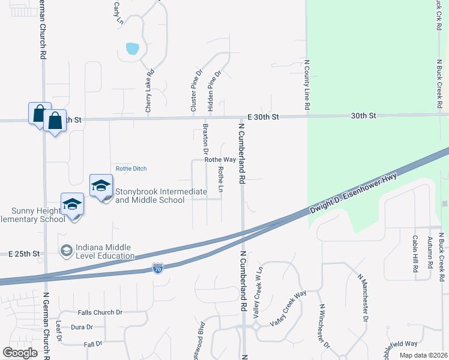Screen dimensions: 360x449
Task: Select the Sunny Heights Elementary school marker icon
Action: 72,205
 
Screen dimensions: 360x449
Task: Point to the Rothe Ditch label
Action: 131,169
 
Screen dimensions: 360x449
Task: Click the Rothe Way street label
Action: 220,160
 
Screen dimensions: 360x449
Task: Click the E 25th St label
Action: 24,254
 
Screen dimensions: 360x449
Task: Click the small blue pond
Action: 132,48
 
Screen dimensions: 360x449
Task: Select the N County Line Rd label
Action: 307,84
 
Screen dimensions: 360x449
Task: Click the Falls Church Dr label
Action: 100,313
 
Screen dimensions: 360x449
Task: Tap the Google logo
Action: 20,353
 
